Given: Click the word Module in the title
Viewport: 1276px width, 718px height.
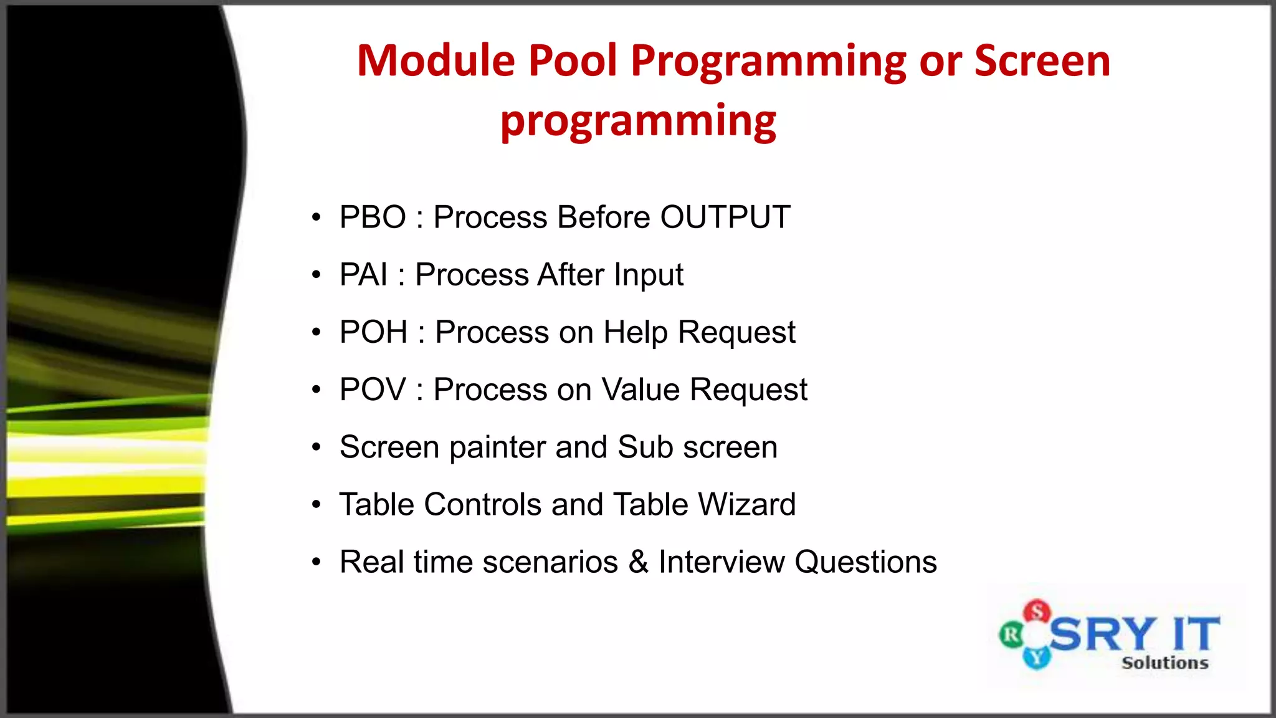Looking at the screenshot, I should (x=436, y=61).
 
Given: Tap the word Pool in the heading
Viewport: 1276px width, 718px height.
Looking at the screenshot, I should (x=573, y=61).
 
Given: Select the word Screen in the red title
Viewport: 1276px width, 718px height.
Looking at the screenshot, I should (x=1042, y=61).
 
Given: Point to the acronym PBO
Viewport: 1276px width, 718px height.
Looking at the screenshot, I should (x=373, y=218).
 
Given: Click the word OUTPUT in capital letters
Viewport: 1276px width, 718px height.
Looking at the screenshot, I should (x=725, y=218).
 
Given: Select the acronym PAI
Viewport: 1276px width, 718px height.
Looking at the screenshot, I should (x=363, y=275).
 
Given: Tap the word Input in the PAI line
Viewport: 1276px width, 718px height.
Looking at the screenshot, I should (x=648, y=275).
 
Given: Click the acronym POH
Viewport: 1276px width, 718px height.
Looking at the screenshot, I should (x=373, y=332).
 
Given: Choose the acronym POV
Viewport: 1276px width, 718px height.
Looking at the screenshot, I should (x=373, y=390).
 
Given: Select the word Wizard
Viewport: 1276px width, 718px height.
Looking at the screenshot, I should (x=746, y=504).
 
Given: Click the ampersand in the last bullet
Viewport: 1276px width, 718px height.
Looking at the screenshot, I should (x=638, y=562).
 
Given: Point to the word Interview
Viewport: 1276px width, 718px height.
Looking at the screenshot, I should (x=721, y=562).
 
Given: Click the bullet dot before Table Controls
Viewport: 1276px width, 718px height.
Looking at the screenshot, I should (x=317, y=504).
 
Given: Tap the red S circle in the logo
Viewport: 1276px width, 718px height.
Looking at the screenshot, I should (x=1037, y=611).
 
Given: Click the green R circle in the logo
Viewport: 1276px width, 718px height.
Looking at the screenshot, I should (x=1011, y=636).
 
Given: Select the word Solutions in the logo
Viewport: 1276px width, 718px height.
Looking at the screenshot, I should (x=1164, y=663).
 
